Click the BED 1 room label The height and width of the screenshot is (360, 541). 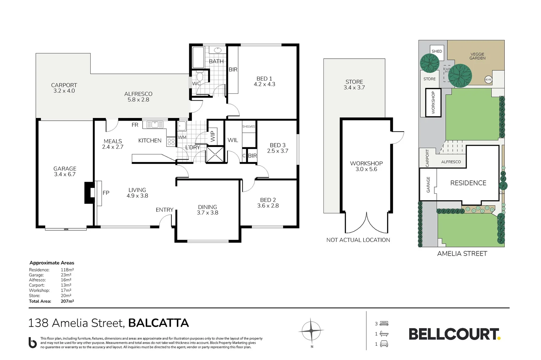[265, 81]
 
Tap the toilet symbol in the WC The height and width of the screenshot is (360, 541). [200, 76]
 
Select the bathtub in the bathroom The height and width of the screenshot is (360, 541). [198, 57]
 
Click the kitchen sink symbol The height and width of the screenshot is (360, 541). [155, 125]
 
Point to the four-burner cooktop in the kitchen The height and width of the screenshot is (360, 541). [171, 142]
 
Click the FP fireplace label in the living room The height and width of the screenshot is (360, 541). [106, 193]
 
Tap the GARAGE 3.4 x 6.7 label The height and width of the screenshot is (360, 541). [65, 171]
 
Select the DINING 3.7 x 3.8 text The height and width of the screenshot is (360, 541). [207, 210]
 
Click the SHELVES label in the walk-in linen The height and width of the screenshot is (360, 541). [249, 127]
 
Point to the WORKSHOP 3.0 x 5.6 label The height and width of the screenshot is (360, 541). [366, 166]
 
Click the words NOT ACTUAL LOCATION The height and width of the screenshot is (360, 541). [358, 240]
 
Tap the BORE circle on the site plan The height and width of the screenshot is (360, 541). [488, 80]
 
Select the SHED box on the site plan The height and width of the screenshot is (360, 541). [437, 51]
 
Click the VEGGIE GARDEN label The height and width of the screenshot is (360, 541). [477, 56]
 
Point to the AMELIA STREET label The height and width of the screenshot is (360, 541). [462, 254]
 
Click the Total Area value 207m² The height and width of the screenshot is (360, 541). [67, 301]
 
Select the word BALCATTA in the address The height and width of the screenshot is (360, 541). [159, 323]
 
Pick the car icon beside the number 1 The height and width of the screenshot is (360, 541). [384, 344]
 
